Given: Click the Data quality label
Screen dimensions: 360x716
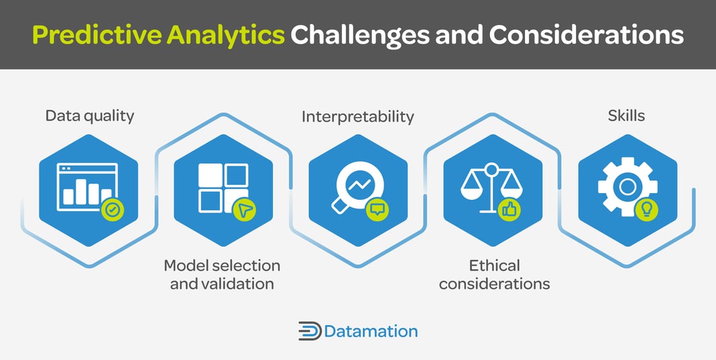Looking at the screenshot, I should pos(90,115).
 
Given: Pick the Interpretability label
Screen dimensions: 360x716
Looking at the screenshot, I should pos(357,117).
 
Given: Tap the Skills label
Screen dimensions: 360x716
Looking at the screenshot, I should pos(626,115).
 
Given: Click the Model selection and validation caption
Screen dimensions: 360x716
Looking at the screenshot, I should pos(222,274).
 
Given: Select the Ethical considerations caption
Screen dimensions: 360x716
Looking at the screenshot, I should pos(494,274).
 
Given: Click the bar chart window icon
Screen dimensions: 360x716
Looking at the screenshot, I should pos(87,184).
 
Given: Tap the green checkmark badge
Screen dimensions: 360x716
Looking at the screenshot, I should pos(113,210).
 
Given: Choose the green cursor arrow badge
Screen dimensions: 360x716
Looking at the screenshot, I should pos(244,210).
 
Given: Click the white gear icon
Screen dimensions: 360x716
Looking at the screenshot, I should pos(626,186).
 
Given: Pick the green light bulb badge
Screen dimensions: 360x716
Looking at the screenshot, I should pos(647,210).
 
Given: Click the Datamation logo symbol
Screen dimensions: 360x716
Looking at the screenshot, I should pos(309,331).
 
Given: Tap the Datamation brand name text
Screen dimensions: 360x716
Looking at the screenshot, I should pos(371,331).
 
